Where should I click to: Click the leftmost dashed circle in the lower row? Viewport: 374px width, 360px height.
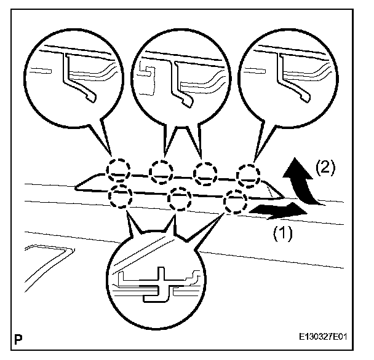point(121,195)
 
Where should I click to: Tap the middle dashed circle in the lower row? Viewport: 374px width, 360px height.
point(177,198)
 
